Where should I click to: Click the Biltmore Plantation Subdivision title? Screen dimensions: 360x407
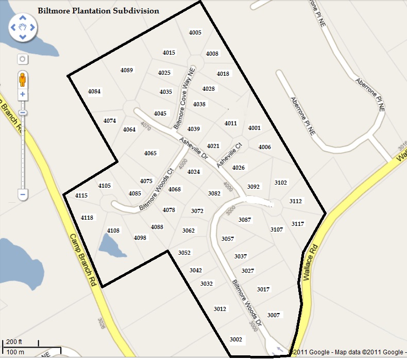point(98,10)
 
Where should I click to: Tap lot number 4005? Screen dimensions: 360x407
point(195,32)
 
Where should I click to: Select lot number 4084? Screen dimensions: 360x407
point(94,92)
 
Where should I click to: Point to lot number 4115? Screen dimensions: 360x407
point(81,195)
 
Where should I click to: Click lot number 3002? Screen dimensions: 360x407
point(236,339)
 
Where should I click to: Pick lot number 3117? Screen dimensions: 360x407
point(298,224)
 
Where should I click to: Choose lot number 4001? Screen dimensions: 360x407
point(255,128)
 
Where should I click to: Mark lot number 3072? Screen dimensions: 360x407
point(197,211)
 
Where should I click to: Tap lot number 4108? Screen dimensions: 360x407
point(113,230)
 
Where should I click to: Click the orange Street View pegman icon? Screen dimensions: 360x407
point(22,79)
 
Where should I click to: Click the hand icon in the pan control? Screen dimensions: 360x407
point(22,27)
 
